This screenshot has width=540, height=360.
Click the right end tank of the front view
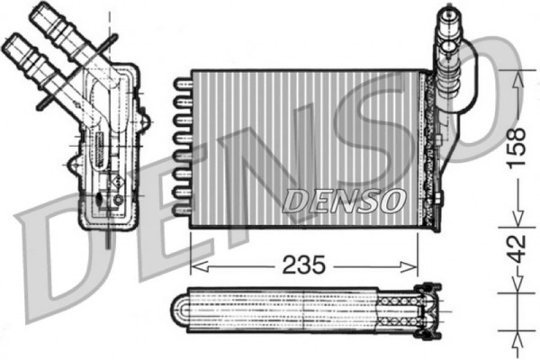tap(432, 144)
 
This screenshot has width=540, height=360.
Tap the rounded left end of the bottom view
tap(180, 311)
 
